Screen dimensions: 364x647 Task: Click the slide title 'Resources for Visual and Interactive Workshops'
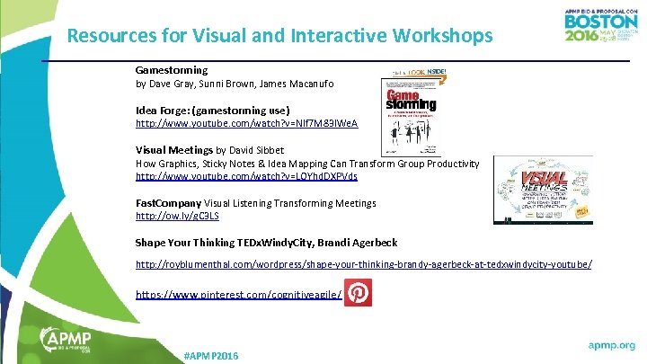tap(279, 36)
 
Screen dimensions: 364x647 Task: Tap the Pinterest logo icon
tap(358, 294)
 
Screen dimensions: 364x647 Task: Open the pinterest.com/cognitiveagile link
tap(238, 295)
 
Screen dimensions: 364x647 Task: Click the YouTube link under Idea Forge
tap(246, 122)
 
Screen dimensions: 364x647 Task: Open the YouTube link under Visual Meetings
tap(246, 177)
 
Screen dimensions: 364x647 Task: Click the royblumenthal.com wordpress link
tap(363, 264)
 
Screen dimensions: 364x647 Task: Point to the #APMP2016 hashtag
tap(210, 356)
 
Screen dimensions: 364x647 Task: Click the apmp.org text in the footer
tap(611, 345)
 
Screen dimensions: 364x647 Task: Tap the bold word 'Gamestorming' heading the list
tap(172, 69)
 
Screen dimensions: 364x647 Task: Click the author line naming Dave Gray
tap(234, 84)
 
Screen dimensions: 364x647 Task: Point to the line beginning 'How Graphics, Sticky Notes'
tap(306, 164)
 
